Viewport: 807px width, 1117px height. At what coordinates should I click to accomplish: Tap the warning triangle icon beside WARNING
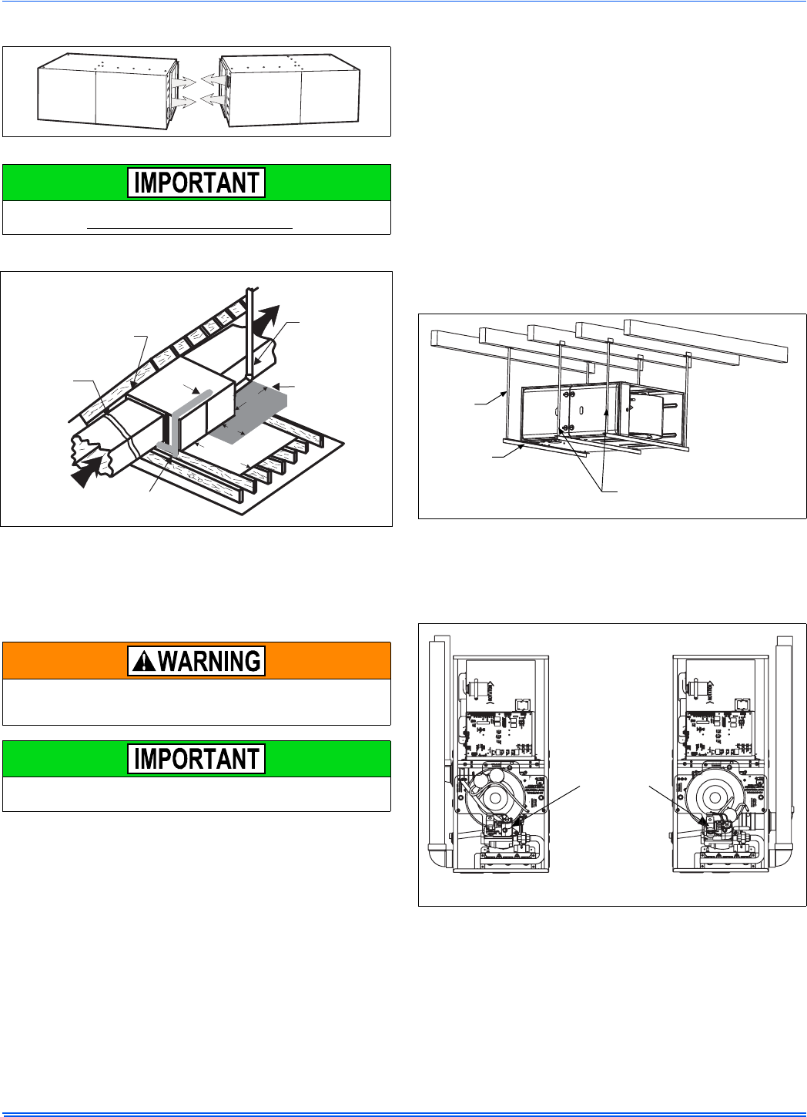pyautogui.click(x=144, y=661)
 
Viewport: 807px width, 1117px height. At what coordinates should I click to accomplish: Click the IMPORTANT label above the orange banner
pyautogui.click(x=196, y=183)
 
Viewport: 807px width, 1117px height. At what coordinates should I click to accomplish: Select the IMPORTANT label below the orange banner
pyautogui.click(x=196, y=759)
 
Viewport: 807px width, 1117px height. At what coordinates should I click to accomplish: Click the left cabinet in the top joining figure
pyautogui.click(x=108, y=91)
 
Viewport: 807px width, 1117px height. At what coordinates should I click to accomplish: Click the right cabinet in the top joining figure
pyautogui.click(x=290, y=90)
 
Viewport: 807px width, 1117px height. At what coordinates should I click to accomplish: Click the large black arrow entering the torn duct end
pyautogui.click(x=91, y=471)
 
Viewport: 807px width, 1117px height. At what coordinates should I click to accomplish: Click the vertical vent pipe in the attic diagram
pyautogui.click(x=250, y=334)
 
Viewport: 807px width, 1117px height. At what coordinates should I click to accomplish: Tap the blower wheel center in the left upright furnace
pyautogui.click(x=495, y=798)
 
